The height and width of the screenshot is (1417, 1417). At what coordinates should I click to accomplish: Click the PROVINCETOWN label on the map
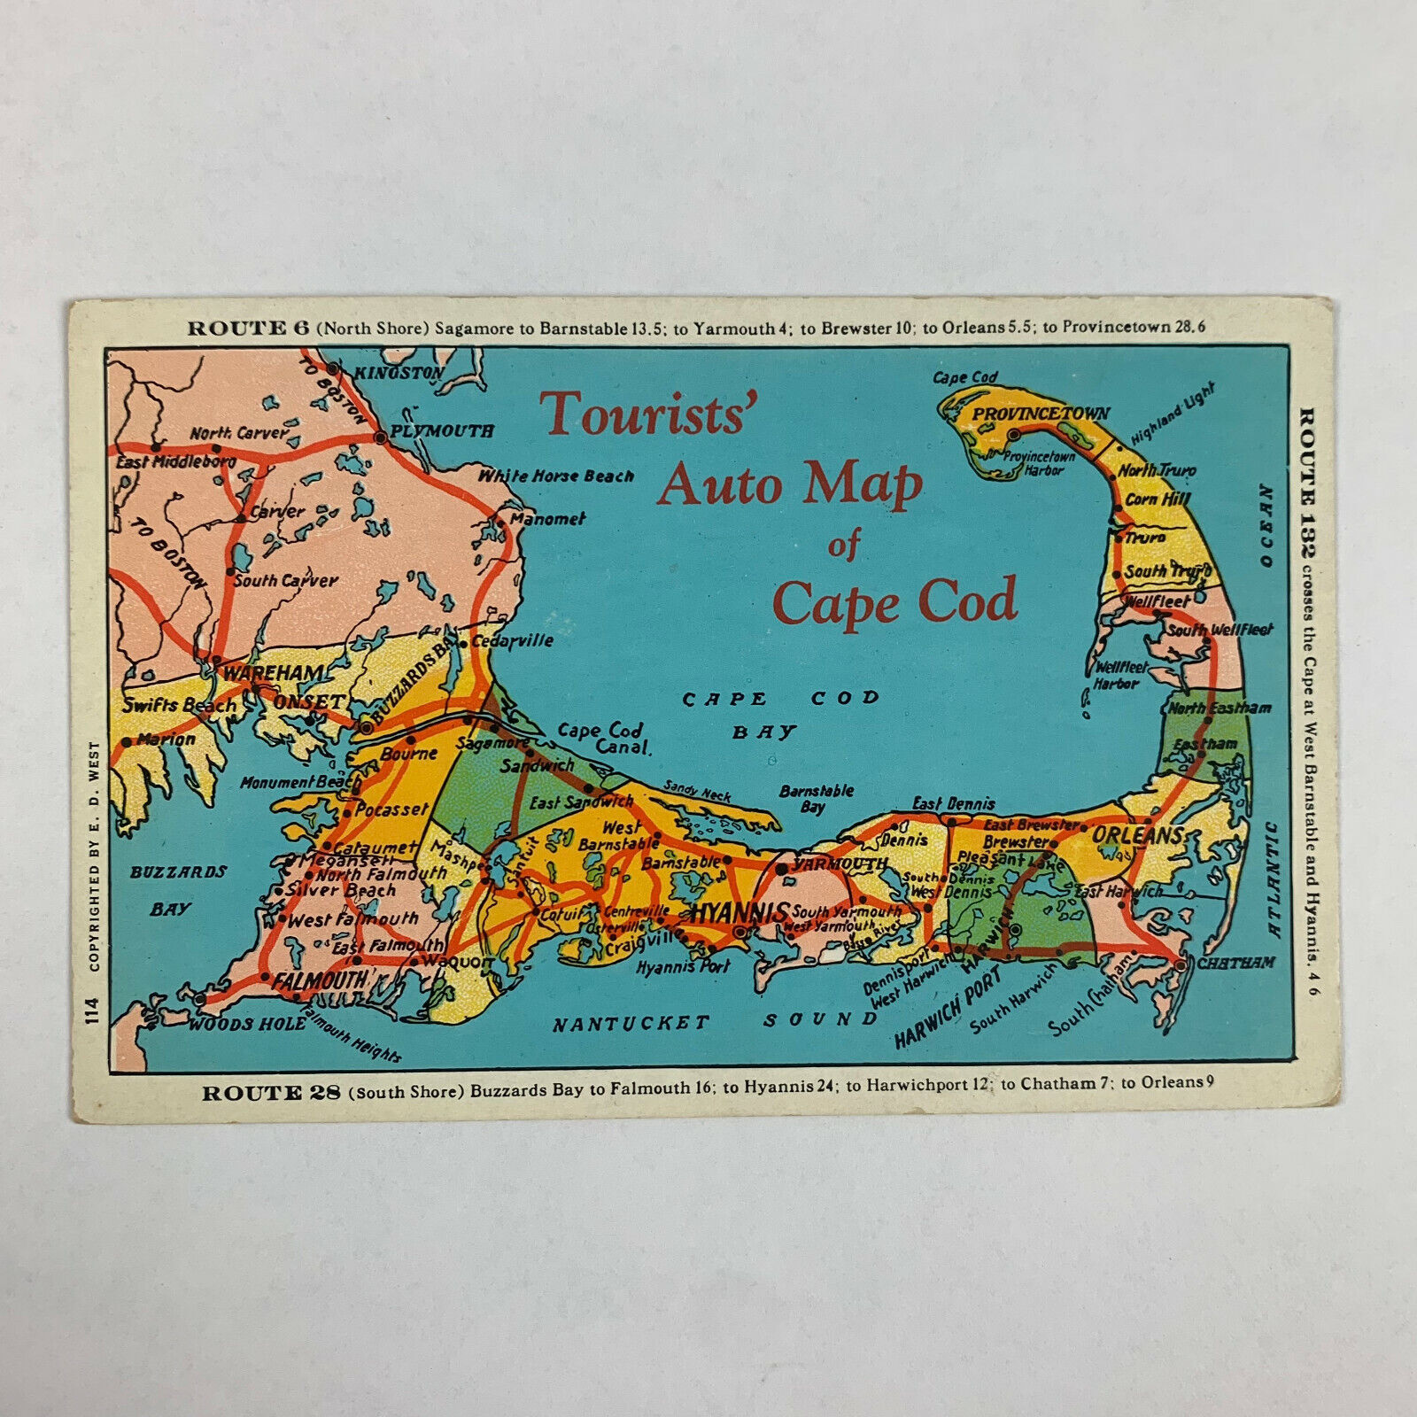(1041, 414)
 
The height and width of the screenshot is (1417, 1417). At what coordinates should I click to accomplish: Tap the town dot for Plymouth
(380, 437)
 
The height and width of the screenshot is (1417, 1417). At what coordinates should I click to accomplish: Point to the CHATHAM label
(1236, 962)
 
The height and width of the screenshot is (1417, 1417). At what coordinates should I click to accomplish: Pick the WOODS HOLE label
(247, 1024)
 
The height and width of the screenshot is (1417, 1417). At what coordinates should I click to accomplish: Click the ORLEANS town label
(1138, 835)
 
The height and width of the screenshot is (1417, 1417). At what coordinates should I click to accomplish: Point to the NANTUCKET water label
(631, 1024)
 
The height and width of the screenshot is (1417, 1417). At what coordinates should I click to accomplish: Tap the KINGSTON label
(399, 373)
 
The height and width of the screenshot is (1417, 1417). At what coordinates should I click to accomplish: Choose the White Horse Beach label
(556, 476)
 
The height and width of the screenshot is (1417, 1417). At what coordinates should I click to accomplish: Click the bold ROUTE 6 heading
(248, 329)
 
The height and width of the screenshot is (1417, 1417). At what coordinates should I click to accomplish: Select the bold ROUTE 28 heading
(271, 1093)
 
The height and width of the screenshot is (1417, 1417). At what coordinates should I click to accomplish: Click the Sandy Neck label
(697, 791)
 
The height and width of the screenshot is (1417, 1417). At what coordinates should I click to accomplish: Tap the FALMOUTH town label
(320, 980)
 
